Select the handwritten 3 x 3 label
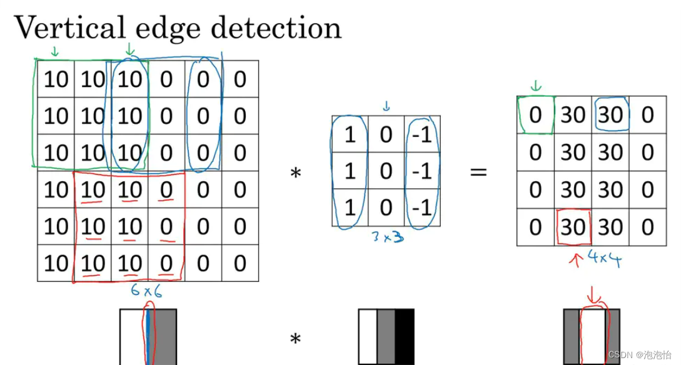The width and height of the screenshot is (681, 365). point(386,237)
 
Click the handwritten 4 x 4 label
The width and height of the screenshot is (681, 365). point(604,257)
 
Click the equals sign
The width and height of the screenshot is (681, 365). point(478,172)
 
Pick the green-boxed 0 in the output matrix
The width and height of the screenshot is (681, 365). point(535,115)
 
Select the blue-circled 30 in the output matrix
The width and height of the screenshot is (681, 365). point(610,115)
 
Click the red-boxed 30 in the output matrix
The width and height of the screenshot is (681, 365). point(573,227)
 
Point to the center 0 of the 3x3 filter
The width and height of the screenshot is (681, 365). point(386,171)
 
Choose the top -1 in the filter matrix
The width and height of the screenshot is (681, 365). point(423,134)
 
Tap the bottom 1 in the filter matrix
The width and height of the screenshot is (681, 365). point(350,207)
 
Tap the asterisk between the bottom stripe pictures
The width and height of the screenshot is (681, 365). point(295,340)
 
